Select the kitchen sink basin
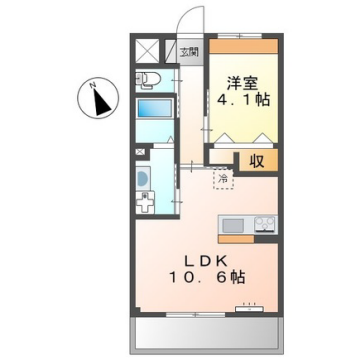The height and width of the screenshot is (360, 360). coord(231,224)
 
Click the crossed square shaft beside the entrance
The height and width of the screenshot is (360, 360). coord(147,50)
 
